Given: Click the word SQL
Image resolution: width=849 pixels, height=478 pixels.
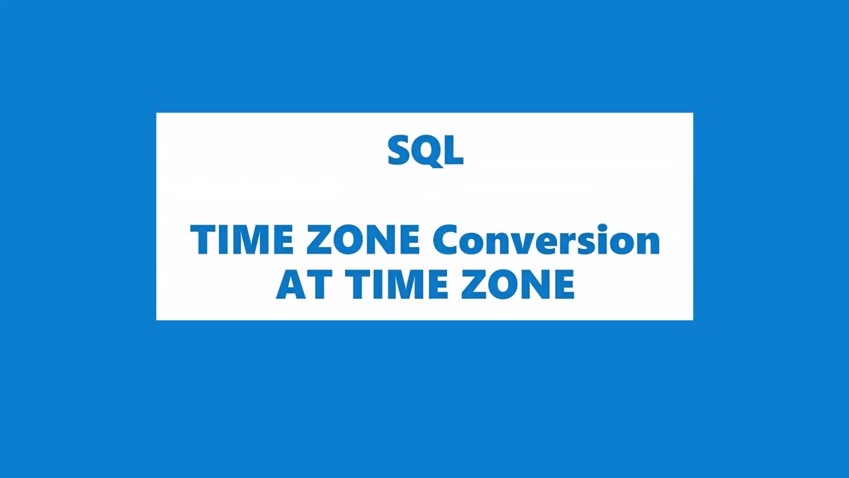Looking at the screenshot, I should click(x=425, y=151).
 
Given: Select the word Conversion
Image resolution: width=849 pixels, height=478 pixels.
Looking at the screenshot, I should click(x=546, y=240).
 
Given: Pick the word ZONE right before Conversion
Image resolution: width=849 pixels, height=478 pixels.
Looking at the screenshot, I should click(x=362, y=240).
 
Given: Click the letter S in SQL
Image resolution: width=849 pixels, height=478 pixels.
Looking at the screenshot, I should click(x=399, y=151).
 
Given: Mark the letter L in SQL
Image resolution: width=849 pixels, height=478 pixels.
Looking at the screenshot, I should click(x=454, y=151).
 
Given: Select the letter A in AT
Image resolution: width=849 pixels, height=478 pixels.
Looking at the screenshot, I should click(x=291, y=284).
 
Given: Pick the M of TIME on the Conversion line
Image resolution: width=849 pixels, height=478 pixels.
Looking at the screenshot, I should click(x=253, y=240).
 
